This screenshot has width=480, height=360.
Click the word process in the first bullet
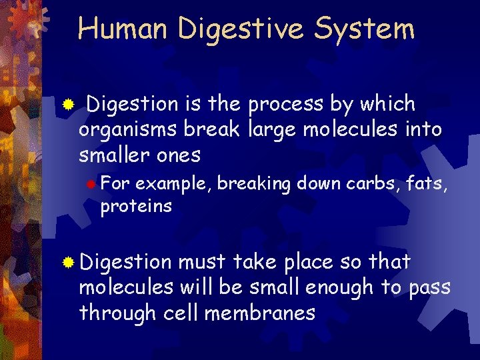(x=286, y=105)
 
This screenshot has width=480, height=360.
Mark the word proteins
(x=135, y=206)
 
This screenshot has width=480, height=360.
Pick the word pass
(x=429, y=289)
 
